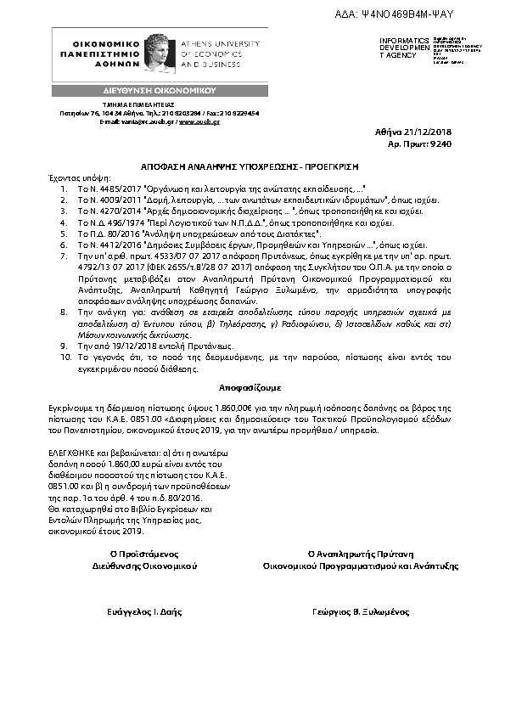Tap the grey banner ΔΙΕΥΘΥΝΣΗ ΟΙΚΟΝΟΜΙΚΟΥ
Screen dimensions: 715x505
click(x=160, y=89)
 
